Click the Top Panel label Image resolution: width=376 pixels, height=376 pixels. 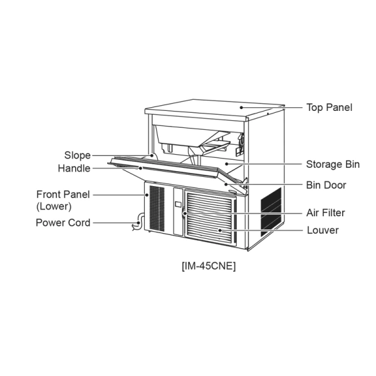(x=329, y=108)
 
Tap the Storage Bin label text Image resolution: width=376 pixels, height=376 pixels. (x=333, y=164)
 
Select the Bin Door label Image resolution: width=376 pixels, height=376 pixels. (x=326, y=185)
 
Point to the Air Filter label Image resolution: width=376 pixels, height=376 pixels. (x=326, y=213)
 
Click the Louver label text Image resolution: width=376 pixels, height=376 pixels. (x=323, y=231)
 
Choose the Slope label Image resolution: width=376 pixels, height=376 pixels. (x=78, y=155)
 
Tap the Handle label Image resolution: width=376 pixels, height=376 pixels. (x=74, y=169)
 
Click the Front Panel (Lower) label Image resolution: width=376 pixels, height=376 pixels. (x=63, y=201)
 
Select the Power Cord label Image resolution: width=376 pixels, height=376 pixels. (x=63, y=222)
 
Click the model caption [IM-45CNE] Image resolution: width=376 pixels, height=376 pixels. (x=209, y=266)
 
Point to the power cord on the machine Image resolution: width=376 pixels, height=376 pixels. (x=138, y=222)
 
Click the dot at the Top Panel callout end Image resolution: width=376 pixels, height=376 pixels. (x=241, y=108)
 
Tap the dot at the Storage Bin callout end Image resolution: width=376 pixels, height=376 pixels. (x=227, y=164)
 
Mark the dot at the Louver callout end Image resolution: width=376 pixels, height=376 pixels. (x=220, y=231)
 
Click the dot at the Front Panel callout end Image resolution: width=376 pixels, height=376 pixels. (x=147, y=195)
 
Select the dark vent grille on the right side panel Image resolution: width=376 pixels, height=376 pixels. (x=271, y=212)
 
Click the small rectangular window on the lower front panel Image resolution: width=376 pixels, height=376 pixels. (x=178, y=204)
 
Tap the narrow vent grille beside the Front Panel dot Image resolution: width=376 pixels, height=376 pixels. (x=157, y=209)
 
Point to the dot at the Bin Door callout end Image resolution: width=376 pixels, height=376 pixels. (x=226, y=184)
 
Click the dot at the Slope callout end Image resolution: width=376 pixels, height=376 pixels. (x=152, y=155)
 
